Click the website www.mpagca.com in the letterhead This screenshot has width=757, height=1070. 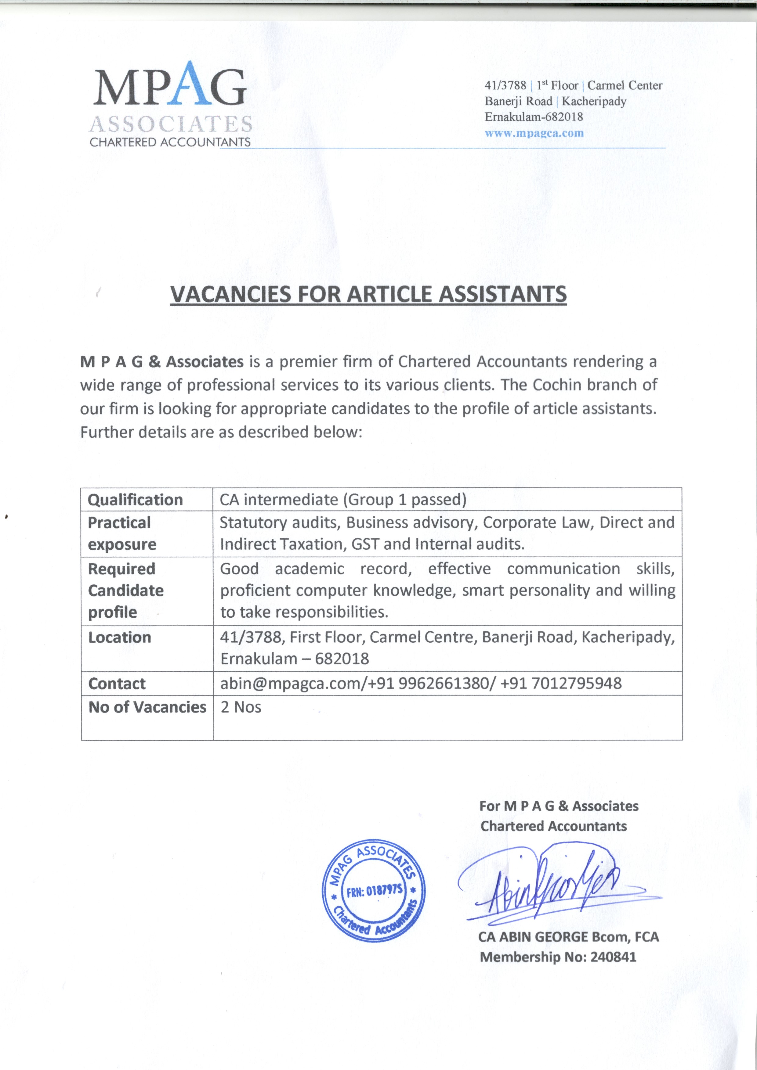tap(534, 133)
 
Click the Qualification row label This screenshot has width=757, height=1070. tap(135, 500)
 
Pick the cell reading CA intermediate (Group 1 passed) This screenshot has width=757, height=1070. tap(343, 500)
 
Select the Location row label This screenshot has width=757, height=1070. tap(120, 637)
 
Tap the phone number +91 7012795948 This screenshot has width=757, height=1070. tap(561, 683)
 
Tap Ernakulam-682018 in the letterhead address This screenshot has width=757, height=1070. tap(534, 117)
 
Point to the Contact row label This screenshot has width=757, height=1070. tap(117, 684)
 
